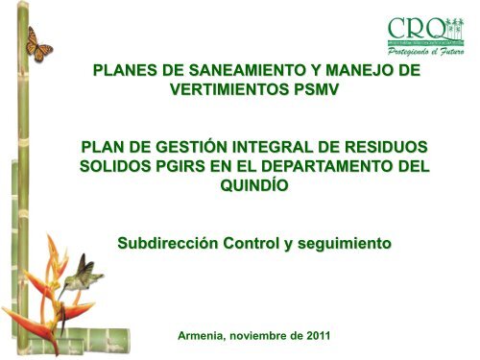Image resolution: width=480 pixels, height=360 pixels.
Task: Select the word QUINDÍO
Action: (253, 189)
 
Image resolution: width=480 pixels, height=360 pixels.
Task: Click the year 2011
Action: (315, 335)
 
